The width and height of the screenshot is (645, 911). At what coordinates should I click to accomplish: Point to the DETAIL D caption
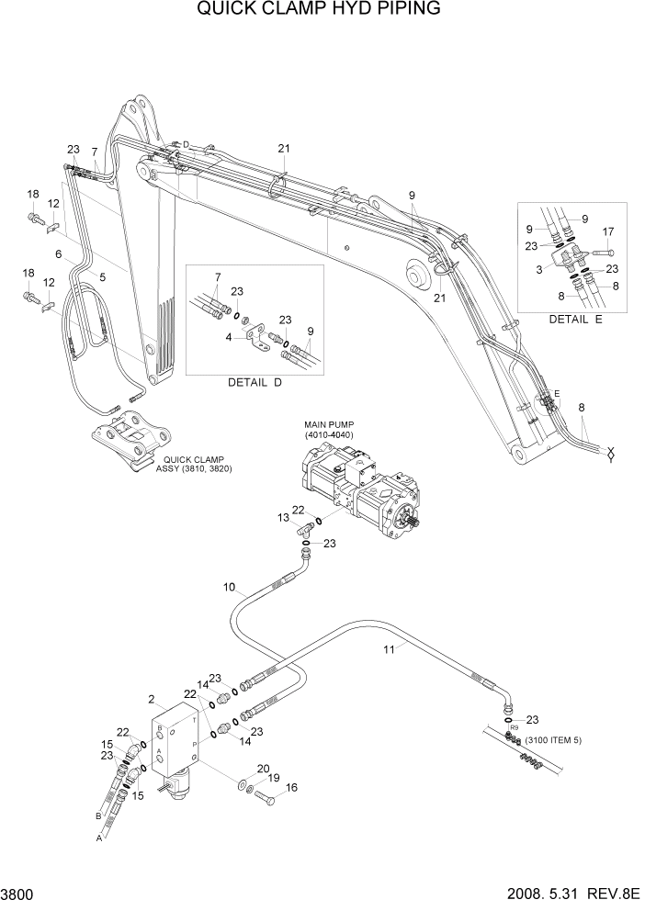click(x=255, y=382)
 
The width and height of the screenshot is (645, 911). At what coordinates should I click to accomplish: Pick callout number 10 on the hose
click(x=229, y=586)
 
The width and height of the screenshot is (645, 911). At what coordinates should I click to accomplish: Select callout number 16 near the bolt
click(x=292, y=787)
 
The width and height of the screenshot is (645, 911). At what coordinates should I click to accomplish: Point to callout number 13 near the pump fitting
click(x=283, y=517)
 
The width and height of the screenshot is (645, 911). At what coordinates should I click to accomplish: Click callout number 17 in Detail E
click(x=607, y=231)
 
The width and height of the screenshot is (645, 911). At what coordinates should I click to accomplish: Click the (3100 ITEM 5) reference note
click(x=553, y=739)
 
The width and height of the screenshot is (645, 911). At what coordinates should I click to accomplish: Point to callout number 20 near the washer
click(x=263, y=769)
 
